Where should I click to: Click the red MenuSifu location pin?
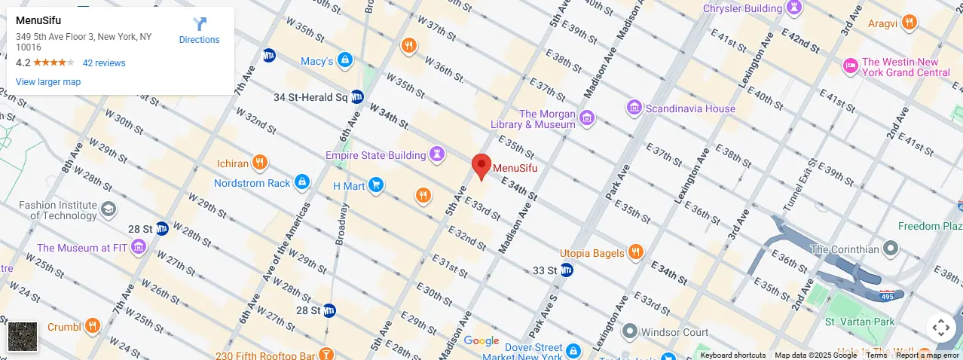[x=481, y=166]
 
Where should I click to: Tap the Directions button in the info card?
[x=200, y=31]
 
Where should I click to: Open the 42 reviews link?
[x=104, y=63]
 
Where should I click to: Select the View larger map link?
[x=48, y=82]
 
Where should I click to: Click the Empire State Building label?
[x=375, y=155]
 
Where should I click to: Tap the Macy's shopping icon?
[x=345, y=60]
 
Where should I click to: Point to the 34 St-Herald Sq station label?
[x=310, y=97]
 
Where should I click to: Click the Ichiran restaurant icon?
[x=260, y=162]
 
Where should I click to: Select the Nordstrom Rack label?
[x=252, y=183]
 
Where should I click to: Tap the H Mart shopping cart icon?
[x=376, y=185]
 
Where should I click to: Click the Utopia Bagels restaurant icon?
[x=636, y=252]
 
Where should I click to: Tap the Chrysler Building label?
[x=742, y=8]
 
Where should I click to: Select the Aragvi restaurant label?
[x=882, y=23]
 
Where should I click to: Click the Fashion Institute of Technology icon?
[x=109, y=209]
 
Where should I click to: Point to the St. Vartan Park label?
[x=859, y=322]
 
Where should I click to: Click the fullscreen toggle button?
[x=940, y=328]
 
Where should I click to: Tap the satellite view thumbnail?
[x=23, y=337]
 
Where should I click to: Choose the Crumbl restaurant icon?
[x=92, y=326]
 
